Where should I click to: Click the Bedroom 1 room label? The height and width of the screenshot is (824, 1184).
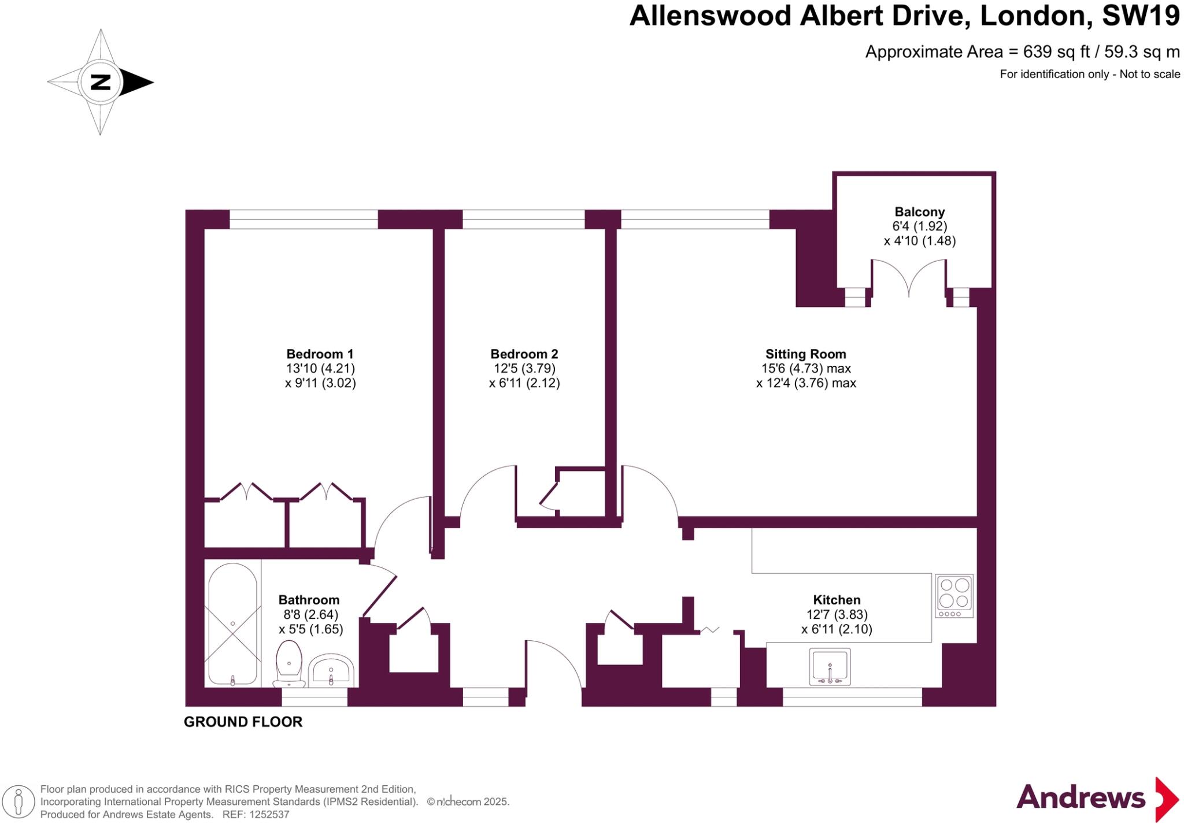[320, 354]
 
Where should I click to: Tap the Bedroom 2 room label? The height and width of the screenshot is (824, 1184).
[524, 354]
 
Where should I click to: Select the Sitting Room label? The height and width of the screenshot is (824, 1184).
[805, 354]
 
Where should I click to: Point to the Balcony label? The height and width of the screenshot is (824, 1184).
[919, 212]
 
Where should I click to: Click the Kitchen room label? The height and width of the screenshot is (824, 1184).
[837, 600]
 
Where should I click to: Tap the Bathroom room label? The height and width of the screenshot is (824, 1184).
[309, 600]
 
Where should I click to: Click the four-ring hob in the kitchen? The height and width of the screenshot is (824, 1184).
[954, 595]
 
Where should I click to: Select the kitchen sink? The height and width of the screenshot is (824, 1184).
[830, 666]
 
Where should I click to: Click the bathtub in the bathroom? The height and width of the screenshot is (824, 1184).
[232, 624]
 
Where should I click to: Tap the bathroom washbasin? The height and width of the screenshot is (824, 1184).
[331, 670]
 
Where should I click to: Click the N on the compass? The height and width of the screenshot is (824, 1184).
[101, 82]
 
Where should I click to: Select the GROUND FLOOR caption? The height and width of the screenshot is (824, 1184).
[243, 722]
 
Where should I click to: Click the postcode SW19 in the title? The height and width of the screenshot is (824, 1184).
[1140, 16]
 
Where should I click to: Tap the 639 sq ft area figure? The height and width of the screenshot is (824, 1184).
[1056, 52]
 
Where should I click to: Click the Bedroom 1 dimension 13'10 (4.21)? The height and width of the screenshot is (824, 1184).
[320, 368]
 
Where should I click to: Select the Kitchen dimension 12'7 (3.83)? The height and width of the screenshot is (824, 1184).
[837, 615]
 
